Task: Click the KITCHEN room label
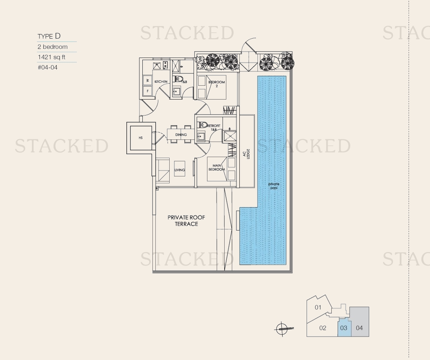tap(161, 81)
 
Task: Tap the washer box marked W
tap(148, 80)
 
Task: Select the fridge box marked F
tap(148, 91)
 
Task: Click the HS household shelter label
tap(141, 138)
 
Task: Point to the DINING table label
tap(181, 135)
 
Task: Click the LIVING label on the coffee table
tap(180, 170)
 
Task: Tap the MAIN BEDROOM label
tap(216, 167)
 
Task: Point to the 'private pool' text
tap(274, 186)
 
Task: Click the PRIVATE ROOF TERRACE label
tap(186, 221)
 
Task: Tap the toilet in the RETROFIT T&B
tap(202, 125)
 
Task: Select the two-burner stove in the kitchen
tap(165, 65)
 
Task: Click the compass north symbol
tap(282, 328)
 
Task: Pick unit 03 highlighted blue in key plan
tap(343, 328)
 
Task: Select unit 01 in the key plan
tap(318, 307)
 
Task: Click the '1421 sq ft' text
tap(51, 57)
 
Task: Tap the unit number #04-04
tap(47, 67)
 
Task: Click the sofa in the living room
tap(163, 170)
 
